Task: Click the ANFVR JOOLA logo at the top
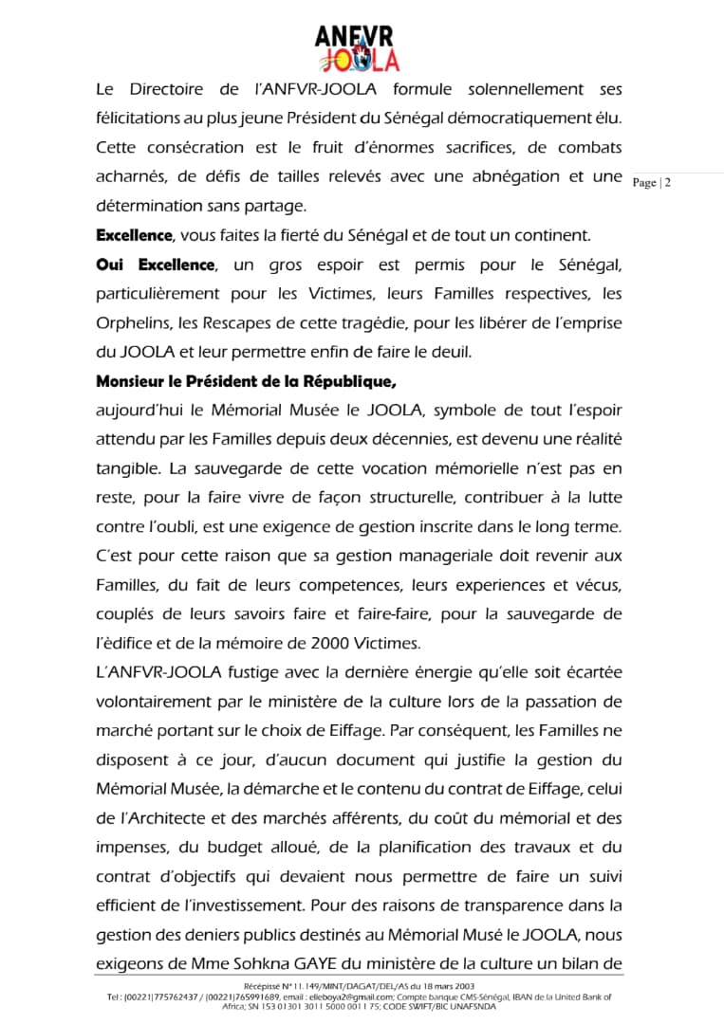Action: pyautogui.click(x=357, y=48)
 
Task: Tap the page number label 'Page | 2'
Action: pyautogui.click(x=651, y=183)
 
